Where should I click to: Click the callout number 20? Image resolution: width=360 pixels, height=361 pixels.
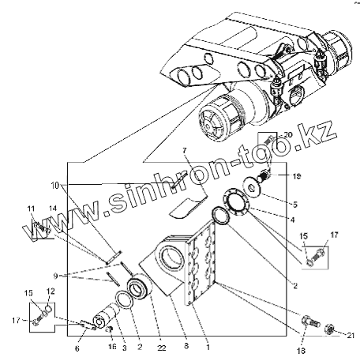click(x=288, y=135)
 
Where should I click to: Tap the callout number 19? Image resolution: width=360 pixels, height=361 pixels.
click(x=296, y=176)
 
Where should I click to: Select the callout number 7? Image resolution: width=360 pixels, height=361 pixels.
click(x=184, y=151)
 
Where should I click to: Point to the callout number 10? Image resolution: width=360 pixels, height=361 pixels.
click(x=55, y=186)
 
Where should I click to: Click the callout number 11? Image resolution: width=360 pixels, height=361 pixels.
click(x=31, y=209)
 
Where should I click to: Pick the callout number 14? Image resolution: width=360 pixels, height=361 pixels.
click(x=53, y=209)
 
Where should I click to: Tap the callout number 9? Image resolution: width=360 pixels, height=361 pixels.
click(x=55, y=276)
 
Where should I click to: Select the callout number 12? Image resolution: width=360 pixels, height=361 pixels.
click(x=51, y=291)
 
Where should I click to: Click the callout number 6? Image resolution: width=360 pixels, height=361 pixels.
click(x=77, y=348)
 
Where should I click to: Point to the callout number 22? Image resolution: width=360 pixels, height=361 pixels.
click(x=162, y=348)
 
